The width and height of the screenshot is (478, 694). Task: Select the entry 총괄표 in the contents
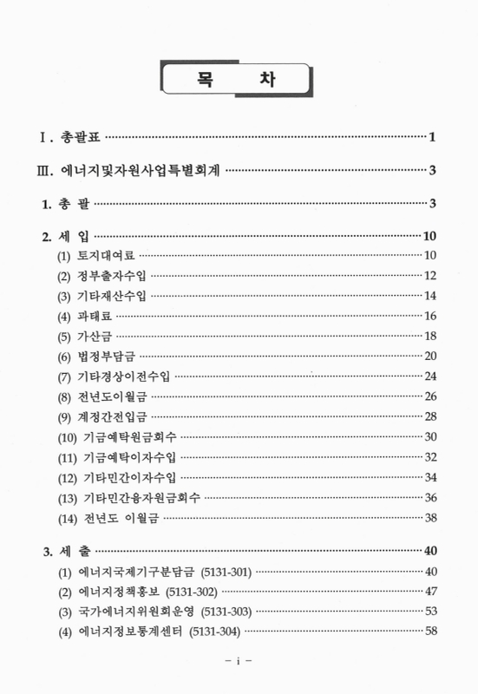(80, 137)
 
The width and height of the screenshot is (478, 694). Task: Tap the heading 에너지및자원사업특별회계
(142, 170)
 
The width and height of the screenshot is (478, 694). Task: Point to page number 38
(431, 518)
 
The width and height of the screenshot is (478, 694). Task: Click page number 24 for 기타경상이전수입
(431, 376)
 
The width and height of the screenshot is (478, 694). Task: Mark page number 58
(431, 632)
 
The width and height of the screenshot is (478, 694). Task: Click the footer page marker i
(239, 662)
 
